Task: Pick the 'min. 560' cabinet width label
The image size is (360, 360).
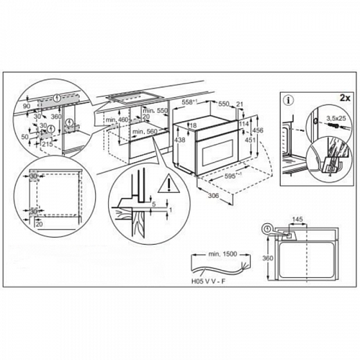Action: click(145, 132)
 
